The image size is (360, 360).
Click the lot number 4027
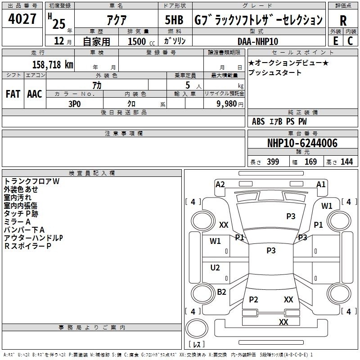(x=22, y=19)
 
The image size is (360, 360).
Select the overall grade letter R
(x=343, y=21)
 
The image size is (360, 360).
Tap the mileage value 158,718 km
(x=53, y=64)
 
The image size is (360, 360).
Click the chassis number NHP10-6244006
(x=302, y=143)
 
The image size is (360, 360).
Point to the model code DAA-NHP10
(x=257, y=41)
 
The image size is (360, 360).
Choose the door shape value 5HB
(x=174, y=20)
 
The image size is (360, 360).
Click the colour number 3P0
(x=74, y=104)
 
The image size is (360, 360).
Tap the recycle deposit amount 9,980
(x=226, y=104)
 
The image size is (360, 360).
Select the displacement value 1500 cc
(x=141, y=41)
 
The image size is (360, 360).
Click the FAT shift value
(x=13, y=94)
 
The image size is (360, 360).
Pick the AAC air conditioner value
(x=35, y=94)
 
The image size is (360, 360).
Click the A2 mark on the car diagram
(x=220, y=184)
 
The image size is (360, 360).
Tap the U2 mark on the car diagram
(x=215, y=267)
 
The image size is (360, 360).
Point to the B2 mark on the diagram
(x=221, y=292)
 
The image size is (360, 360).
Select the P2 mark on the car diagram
(x=253, y=299)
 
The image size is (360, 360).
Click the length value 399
(x=273, y=162)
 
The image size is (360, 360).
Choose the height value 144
(x=346, y=162)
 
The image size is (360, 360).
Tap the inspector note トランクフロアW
(x=31, y=181)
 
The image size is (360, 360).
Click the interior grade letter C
(x=350, y=41)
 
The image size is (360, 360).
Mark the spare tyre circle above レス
(x=197, y=328)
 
